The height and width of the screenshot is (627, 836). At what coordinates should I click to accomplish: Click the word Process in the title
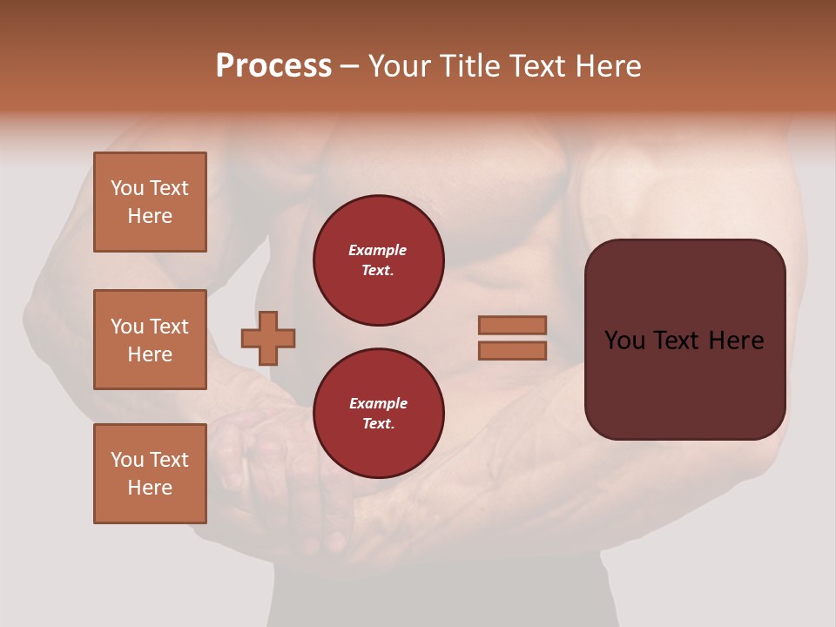273,66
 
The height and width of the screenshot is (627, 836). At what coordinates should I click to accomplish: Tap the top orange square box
150,202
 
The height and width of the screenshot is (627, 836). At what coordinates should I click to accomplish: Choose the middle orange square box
150,340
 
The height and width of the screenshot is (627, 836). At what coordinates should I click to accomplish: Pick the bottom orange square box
150,474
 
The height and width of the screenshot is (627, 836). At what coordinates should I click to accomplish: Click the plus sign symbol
268,338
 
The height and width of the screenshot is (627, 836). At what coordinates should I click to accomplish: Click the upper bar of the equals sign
512,325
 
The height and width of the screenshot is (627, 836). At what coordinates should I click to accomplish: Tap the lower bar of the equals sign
512,350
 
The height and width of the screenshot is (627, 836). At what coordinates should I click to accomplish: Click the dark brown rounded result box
684,383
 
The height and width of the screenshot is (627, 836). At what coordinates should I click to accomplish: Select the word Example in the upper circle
378,250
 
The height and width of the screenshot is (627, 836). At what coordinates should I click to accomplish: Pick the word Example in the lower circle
378,403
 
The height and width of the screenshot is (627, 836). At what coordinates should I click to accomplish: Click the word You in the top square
127,188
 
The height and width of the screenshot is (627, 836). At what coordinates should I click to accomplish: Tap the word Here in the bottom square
150,488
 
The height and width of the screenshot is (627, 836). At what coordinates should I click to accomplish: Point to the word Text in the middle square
169,327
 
